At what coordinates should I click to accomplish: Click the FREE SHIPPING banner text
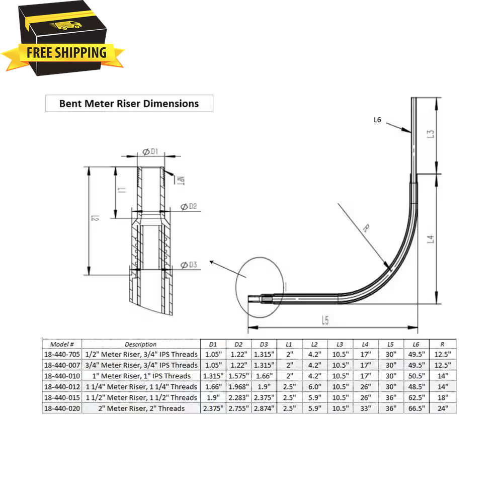66,53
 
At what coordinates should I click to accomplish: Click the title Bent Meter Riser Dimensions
129,104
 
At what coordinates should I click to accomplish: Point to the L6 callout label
379,120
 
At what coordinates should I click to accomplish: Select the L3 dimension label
430,134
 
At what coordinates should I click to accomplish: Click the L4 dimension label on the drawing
430,238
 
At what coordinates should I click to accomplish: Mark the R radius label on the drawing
366,228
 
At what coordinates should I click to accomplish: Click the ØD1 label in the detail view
150,151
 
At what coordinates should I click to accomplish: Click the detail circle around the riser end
260,288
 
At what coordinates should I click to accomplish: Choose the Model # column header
62,345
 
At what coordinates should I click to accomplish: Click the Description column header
141,345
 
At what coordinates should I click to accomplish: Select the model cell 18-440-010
62,376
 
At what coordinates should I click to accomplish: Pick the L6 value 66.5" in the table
416,408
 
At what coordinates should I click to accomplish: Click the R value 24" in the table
443,408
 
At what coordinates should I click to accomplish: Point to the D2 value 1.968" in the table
239,387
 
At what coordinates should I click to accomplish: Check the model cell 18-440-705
62,355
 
